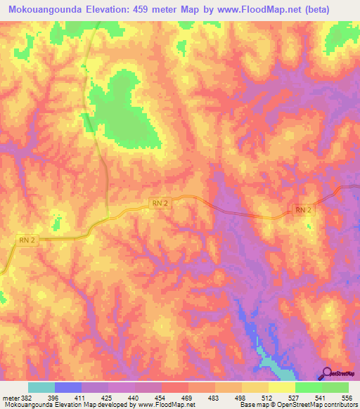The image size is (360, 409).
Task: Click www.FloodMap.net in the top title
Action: pyautogui.click(x=250, y=9)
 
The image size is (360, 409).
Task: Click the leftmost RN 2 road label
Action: pyautogui.click(x=26, y=240)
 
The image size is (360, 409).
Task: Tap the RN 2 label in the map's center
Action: pyautogui.click(x=160, y=203)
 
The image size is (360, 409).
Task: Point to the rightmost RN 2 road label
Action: pyautogui.click(x=302, y=210)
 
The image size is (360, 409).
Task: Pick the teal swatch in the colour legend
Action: pyautogui.click(x=41, y=387)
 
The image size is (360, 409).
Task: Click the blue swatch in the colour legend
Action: pyautogui.click(x=68, y=387)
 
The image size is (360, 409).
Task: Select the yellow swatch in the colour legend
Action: pyautogui.click(x=282, y=387)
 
